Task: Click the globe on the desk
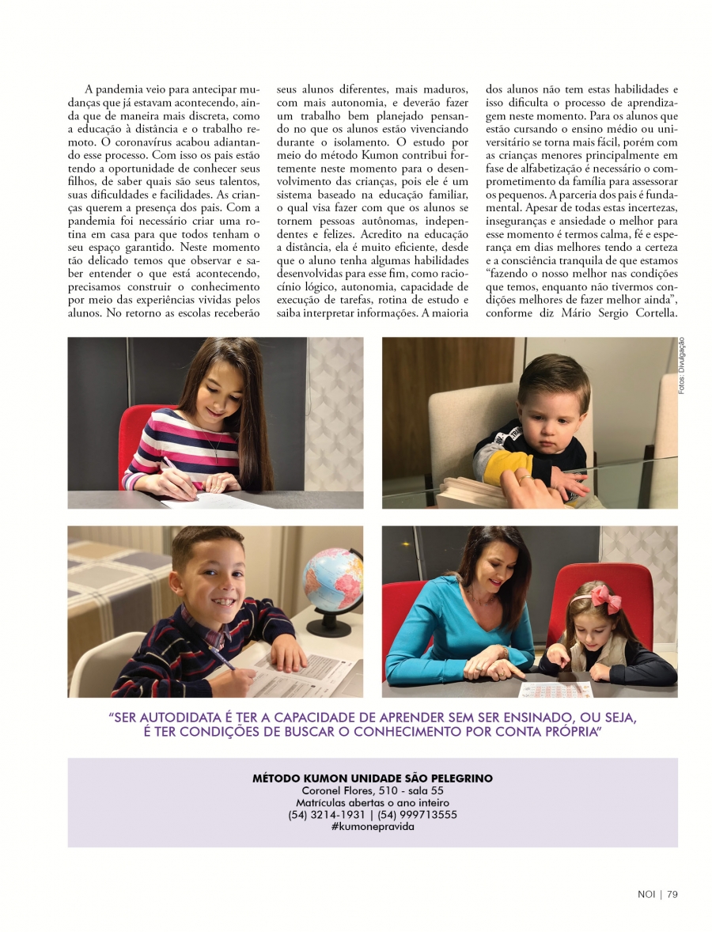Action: [x=331, y=581]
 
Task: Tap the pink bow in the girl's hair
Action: [x=606, y=599]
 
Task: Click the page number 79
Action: [x=673, y=895]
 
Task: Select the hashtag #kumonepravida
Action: [x=372, y=826]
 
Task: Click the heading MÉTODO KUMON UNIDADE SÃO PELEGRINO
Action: [x=372, y=779]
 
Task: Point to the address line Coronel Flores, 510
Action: [x=372, y=790]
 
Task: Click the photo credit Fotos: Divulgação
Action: [x=681, y=366]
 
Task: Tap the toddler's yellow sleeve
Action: [x=497, y=468]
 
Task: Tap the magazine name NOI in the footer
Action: [x=646, y=895]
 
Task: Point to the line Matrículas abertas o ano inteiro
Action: [x=372, y=802]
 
